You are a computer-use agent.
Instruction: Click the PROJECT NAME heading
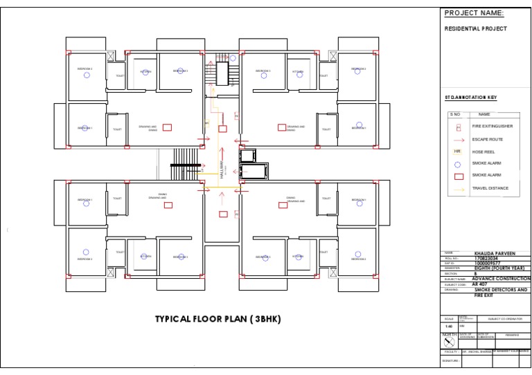click(x=474, y=13)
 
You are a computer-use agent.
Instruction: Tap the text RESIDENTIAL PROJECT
click(x=475, y=29)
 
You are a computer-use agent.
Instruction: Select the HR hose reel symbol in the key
click(x=457, y=152)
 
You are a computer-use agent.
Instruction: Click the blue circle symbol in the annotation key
click(x=457, y=164)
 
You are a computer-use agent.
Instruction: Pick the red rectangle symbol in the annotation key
click(x=457, y=176)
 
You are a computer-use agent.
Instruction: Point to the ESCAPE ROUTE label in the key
click(x=488, y=140)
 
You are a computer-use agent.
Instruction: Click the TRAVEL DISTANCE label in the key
click(x=490, y=188)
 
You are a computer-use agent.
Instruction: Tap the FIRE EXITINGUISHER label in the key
click(x=491, y=127)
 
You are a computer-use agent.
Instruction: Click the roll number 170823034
click(x=486, y=259)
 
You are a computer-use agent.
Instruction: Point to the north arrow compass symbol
click(x=449, y=342)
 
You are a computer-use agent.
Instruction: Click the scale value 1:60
click(x=449, y=325)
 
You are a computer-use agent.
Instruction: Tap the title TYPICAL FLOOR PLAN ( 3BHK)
click(x=218, y=319)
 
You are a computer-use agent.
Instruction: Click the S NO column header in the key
click(x=455, y=114)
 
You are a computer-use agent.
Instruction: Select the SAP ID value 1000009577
click(x=488, y=264)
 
